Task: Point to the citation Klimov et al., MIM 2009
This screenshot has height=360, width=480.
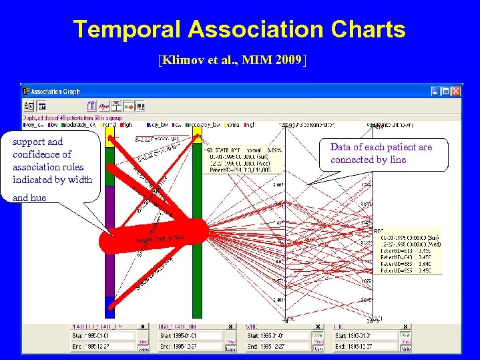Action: tap(232, 61)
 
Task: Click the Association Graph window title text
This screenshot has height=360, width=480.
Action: tap(56, 92)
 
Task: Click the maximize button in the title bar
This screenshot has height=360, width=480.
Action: tap(445, 92)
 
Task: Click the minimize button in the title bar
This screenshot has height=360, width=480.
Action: tap(435, 92)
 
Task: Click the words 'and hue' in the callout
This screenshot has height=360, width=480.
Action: tap(30, 198)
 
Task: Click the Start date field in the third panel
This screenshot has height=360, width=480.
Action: tap(278, 335)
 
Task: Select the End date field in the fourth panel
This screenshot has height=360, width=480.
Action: tap(365, 347)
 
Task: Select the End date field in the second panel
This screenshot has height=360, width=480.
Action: tap(190, 347)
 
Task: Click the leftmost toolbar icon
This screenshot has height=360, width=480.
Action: tap(29, 106)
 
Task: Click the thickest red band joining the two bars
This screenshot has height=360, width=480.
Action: tap(160, 234)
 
